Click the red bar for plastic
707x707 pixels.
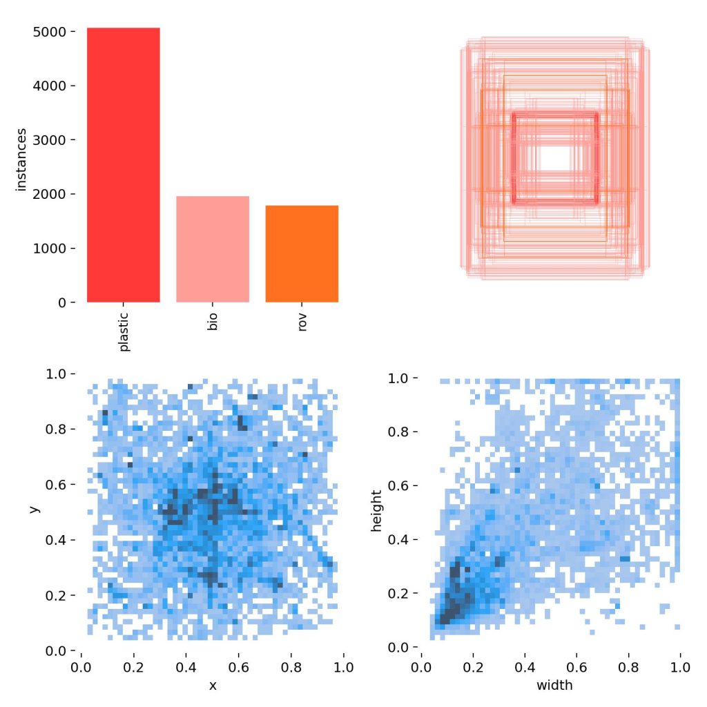point(123,165)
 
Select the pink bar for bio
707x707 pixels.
point(212,249)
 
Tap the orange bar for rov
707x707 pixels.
point(302,253)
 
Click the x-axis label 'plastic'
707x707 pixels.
point(124,333)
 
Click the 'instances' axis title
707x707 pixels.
point(21,159)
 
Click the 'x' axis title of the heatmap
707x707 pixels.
point(213,686)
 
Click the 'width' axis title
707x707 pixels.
point(550,686)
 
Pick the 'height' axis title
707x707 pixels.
point(376,511)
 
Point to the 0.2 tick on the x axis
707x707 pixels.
point(134,668)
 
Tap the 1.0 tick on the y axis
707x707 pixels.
point(59,374)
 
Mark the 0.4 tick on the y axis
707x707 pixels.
point(59,540)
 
